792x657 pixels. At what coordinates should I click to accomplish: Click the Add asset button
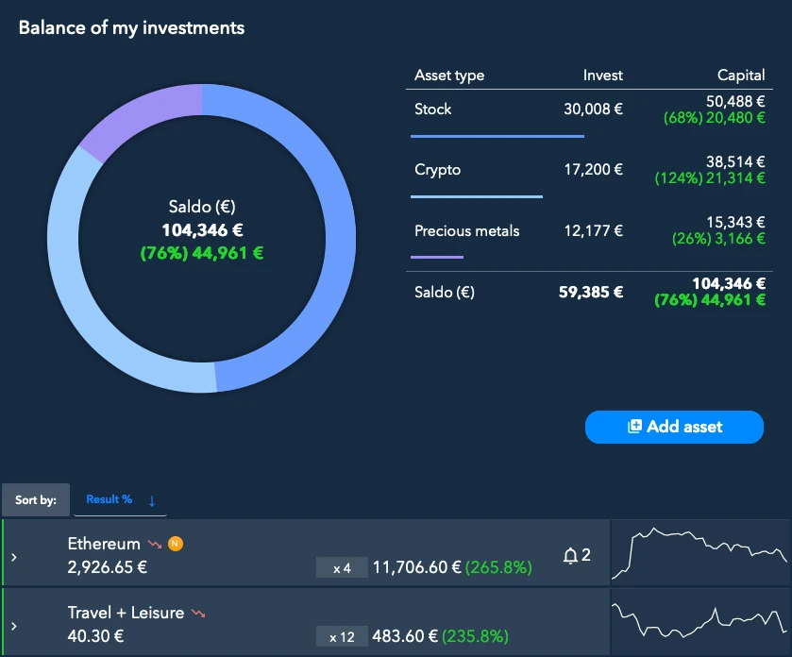[674, 427]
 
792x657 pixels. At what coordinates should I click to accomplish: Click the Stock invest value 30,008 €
[593, 109]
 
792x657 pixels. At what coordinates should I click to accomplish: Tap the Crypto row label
[437, 170]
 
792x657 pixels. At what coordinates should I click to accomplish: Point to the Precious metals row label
[466, 230]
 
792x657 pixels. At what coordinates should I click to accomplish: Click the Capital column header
[741, 76]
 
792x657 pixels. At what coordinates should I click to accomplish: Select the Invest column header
[602, 76]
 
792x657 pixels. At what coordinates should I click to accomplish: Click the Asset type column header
[449, 76]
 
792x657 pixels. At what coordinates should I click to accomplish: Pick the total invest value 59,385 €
[591, 293]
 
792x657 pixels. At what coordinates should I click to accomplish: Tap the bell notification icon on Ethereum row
[570, 556]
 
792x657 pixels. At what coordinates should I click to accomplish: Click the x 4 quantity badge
[342, 568]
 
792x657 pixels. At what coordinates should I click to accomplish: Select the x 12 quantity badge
[342, 637]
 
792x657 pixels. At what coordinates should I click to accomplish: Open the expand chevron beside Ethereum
[13, 557]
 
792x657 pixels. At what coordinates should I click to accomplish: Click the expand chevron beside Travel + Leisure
[13, 626]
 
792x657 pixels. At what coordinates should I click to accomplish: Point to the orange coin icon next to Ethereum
[175, 544]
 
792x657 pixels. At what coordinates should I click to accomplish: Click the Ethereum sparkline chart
[699, 553]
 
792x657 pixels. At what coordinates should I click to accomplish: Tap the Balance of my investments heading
[131, 27]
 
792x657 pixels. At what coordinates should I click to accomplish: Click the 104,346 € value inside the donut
[201, 229]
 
